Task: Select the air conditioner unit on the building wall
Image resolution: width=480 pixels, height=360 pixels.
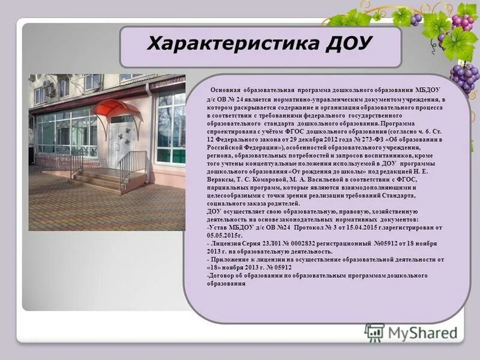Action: click(49, 90)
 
